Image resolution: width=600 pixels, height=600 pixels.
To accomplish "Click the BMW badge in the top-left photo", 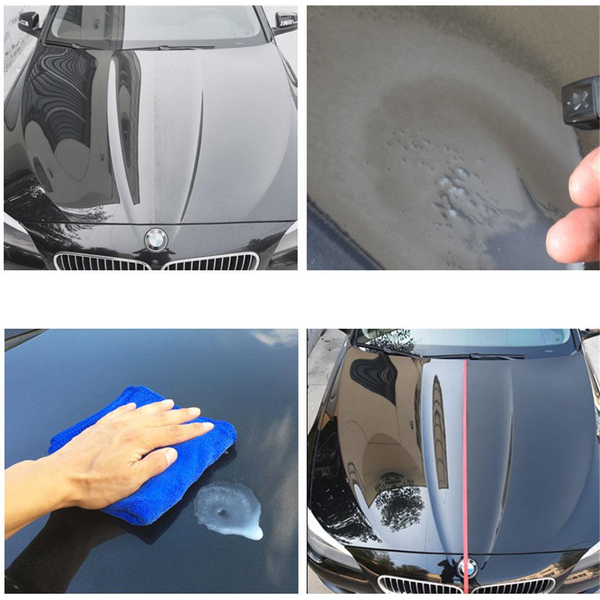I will [156, 240].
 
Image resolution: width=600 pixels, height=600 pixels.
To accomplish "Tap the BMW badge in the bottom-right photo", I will [468, 567].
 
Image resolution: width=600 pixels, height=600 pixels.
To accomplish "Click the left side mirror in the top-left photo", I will [29, 23].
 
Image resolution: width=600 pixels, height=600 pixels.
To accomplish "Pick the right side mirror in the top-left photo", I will [285, 22].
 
